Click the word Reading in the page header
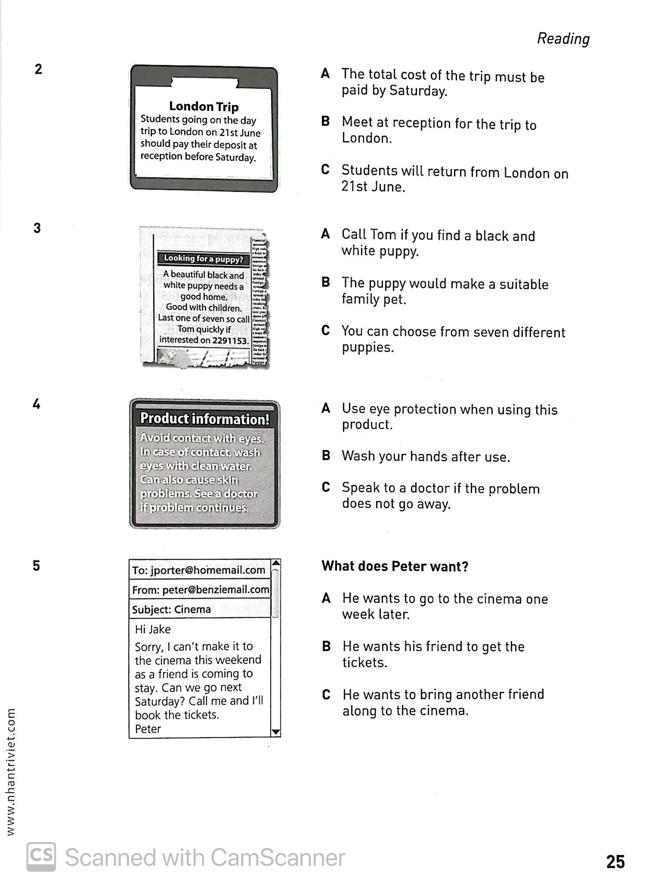coord(563,38)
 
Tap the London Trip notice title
coord(204,106)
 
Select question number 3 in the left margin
coord(37,228)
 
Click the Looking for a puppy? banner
coord(203,259)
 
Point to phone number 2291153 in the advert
coord(230,340)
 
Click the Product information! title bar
coord(205,419)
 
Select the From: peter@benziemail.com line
coord(201,589)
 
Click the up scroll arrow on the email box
coord(276,563)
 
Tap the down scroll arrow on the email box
coord(276,732)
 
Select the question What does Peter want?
coord(395,566)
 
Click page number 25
coord(615,862)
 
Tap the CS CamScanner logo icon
coord(41,857)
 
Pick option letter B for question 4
coord(326,456)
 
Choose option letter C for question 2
coord(325,170)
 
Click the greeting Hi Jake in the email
coord(153,629)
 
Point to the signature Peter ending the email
coord(148,729)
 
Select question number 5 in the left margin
coord(37,565)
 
